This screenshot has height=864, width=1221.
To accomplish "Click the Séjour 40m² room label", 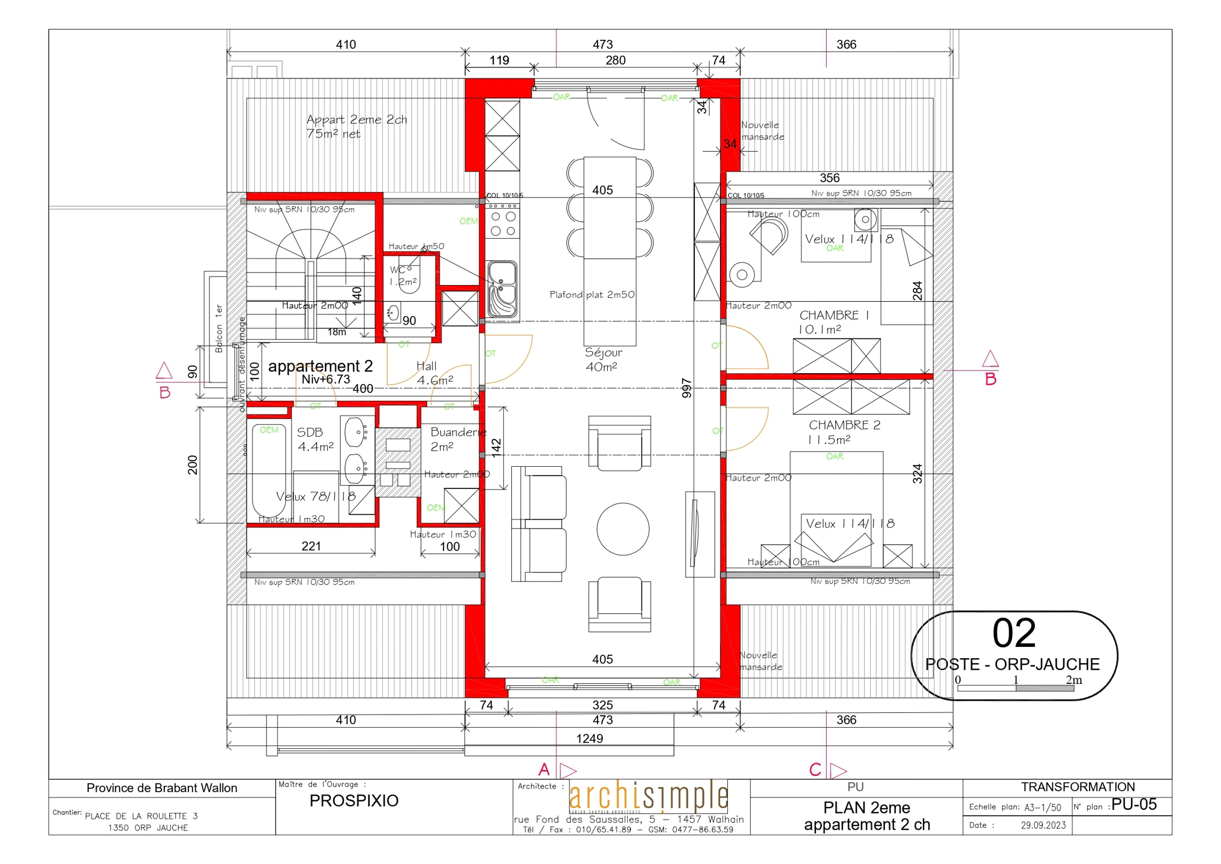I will (x=603, y=359).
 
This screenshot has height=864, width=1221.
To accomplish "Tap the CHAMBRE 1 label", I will (x=833, y=316).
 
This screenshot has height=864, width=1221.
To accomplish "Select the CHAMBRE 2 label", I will (x=844, y=425).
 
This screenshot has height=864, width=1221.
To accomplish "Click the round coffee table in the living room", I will (x=622, y=529).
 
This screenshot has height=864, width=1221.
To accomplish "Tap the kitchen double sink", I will (x=502, y=288).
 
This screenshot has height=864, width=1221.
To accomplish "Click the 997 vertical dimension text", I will (x=687, y=388).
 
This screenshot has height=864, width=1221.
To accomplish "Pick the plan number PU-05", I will (x=1133, y=805).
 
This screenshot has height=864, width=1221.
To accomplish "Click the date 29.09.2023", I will (x=1043, y=825).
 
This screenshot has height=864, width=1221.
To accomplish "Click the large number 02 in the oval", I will (x=1013, y=633).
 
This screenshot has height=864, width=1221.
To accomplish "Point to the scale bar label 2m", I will (x=1073, y=680).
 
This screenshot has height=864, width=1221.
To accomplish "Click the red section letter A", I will (x=544, y=769).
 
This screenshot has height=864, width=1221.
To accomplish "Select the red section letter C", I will (x=815, y=769).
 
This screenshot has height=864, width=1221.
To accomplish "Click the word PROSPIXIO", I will (x=353, y=801).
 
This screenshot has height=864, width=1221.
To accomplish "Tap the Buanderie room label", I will (x=458, y=432).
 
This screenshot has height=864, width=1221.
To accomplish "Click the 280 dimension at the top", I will (x=615, y=60).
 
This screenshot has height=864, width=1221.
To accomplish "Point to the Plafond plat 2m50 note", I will (x=592, y=295).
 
